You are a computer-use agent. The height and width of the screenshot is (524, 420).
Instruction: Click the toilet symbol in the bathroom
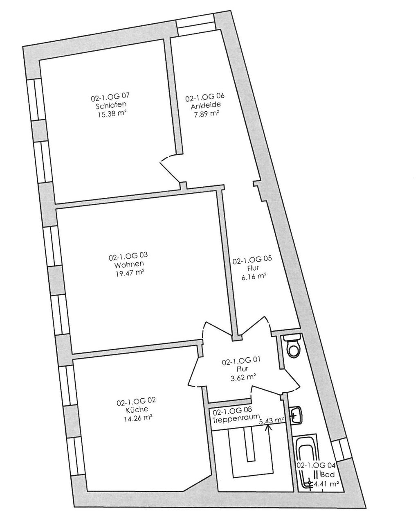[x=293, y=346]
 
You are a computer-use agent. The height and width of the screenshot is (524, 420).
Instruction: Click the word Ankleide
[x=206, y=106]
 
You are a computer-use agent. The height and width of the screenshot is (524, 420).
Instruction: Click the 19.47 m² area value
[x=129, y=273]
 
